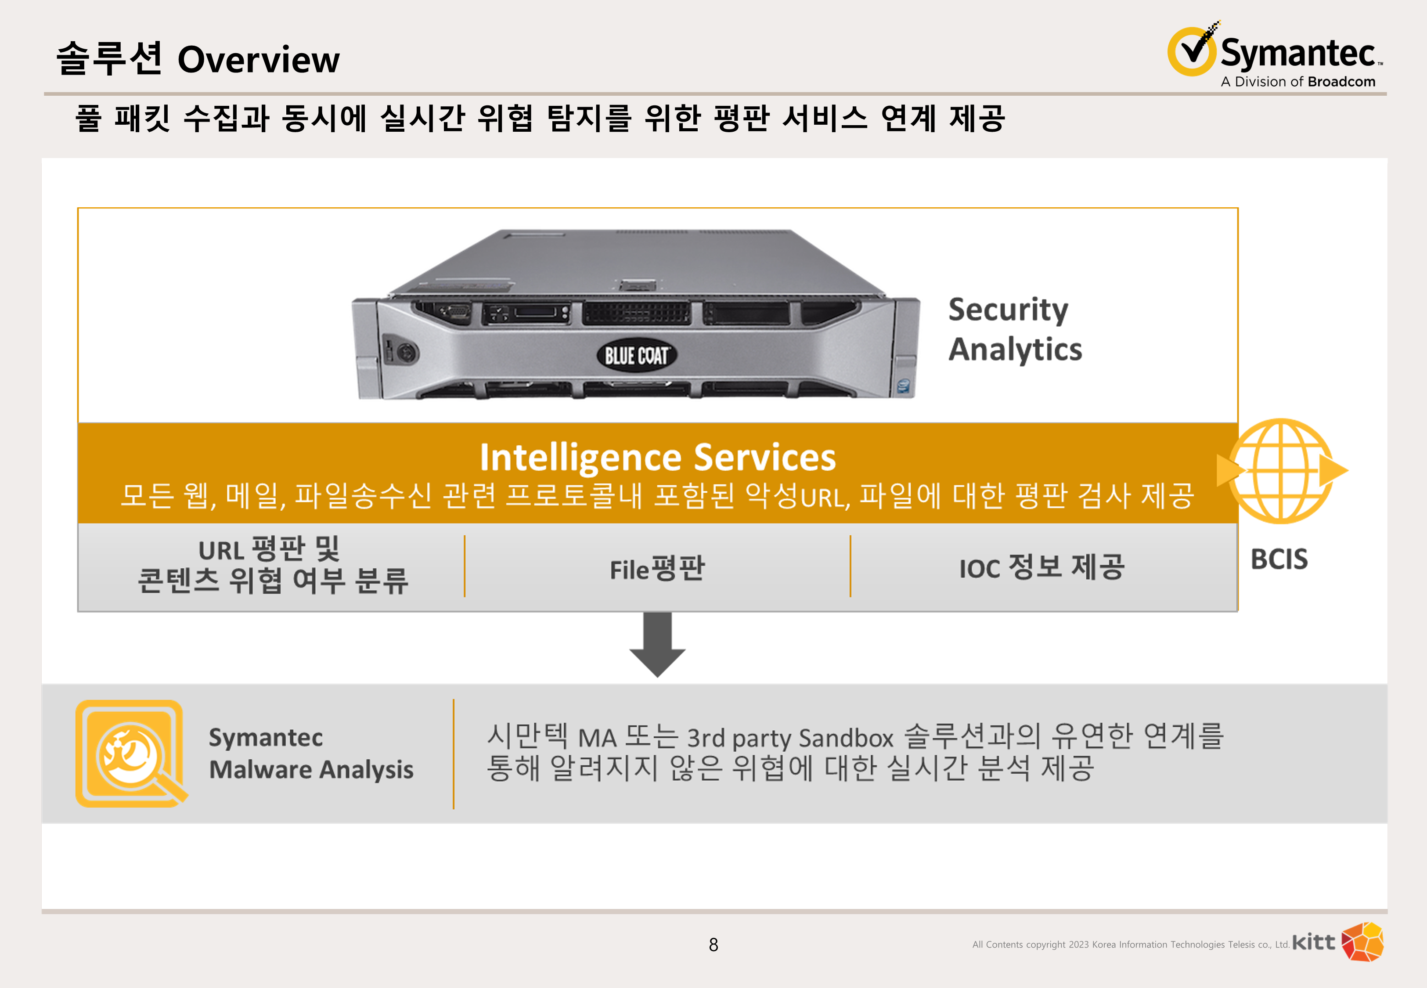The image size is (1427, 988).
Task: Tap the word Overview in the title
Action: click(258, 60)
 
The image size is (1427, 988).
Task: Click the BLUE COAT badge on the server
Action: click(636, 355)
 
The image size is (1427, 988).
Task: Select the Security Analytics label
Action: click(1015, 329)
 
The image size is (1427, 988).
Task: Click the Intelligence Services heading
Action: click(657, 457)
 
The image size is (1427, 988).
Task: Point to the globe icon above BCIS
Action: click(1281, 470)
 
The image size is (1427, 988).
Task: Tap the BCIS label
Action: click(1279, 559)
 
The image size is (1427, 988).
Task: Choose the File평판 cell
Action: click(657, 568)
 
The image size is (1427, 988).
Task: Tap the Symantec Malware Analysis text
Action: click(311, 754)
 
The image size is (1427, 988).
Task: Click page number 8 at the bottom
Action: click(713, 945)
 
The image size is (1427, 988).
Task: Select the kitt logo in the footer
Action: click(1337, 942)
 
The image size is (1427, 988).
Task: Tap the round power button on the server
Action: click(407, 353)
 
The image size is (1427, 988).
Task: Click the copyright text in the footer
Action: click(1131, 945)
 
